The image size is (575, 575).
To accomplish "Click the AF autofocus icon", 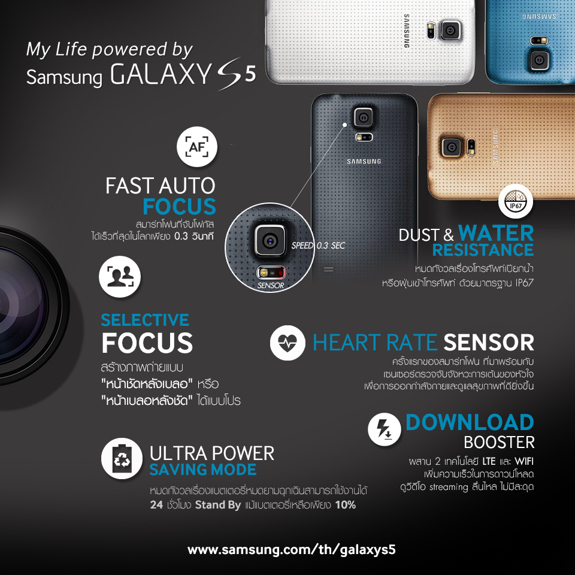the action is tap(197, 147).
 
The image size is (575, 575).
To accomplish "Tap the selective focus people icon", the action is tap(120, 277).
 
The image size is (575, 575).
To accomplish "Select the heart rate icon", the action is tap(287, 343).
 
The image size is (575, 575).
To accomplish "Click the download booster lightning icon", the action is tap(385, 429).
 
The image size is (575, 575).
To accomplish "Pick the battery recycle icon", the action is tap(122, 458).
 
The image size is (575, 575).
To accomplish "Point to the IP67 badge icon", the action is tap(516, 201).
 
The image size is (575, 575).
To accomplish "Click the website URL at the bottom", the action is tap(292, 550).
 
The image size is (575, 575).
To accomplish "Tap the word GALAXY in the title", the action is tap(161, 74).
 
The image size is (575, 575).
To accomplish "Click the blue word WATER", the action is tap(496, 233).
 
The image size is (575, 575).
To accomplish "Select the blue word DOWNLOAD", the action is tap(470, 422).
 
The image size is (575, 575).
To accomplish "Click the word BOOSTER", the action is tap(499, 443).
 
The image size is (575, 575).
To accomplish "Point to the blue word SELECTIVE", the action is tap(145, 320).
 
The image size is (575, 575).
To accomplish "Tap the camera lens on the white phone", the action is tap(450, 30).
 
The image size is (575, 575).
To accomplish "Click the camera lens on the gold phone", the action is tap(452, 147).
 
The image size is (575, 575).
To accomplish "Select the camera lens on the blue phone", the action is tap(538, 60).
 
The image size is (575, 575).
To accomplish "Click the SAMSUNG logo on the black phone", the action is tap(364, 161).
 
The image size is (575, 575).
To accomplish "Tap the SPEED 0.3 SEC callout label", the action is tap(318, 246).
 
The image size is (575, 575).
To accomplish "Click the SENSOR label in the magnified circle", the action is tap(271, 285).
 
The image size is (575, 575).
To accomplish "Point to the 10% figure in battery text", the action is tap(346, 505).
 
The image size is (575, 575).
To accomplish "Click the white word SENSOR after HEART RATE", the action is tap(489, 343).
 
